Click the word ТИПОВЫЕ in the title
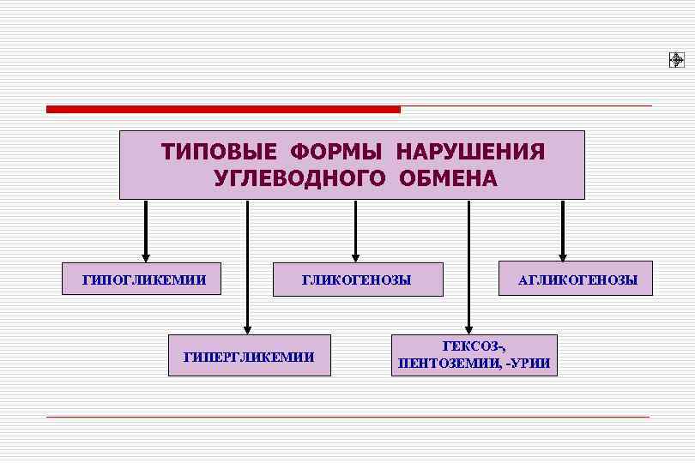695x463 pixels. tap(218, 152)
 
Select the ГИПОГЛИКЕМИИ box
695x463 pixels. tap(142, 280)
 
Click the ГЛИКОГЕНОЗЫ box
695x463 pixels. tap(358, 280)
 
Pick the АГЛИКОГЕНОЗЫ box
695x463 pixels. tap(576, 280)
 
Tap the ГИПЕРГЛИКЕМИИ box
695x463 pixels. tap(249, 356)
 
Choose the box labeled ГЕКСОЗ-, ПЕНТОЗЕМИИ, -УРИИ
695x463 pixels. tap(474, 355)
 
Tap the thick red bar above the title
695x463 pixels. tap(223, 109)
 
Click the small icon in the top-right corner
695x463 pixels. tap(675, 59)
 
